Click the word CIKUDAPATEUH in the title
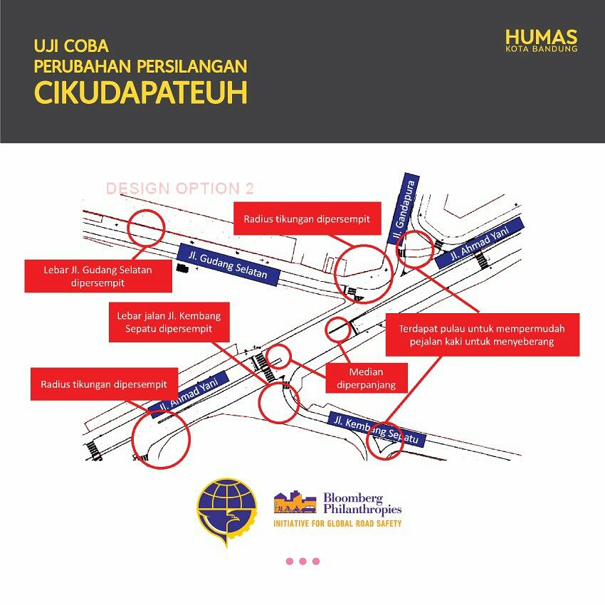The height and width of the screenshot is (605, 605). (x=141, y=93)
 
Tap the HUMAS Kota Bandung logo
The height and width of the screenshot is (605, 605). (x=542, y=41)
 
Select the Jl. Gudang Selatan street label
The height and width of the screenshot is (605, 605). (x=228, y=265)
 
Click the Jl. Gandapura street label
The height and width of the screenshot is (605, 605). (x=403, y=209)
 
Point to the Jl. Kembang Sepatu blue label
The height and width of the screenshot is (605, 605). (x=377, y=429)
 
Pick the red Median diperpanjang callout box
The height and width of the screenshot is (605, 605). (x=366, y=378)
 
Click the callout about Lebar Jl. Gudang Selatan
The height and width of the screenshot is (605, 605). (x=98, y=276)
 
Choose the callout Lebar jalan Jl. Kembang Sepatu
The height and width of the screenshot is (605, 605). (x=169, y=322)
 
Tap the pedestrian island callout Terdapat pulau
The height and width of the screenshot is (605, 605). (x=483, y=335)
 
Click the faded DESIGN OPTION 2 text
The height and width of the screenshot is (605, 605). (x=180, y=189)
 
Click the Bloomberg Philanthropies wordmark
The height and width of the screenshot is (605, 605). (x=362, y=503)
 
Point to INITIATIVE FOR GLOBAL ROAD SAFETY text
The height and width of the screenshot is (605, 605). (x=337, y=524)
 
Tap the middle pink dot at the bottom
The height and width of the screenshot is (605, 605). (x=303, y=561)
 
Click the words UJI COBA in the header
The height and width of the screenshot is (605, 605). (x=71, y=46)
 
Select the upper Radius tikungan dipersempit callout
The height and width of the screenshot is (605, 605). (x=307, y=219)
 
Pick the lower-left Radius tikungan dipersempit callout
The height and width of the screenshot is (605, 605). (x=104, y=384)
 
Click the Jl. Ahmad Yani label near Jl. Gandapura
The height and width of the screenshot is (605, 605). (x=479, y=243)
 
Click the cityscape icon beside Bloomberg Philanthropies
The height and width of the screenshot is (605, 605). (x=295, y=502)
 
